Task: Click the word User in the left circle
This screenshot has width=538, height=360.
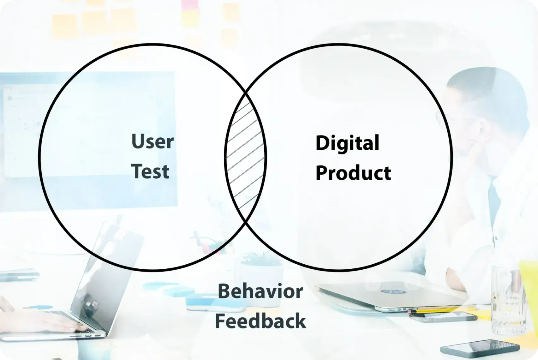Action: tap(152, 141)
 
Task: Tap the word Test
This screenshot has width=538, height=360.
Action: tap(150, 171)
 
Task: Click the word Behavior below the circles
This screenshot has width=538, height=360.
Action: tap(260, 291)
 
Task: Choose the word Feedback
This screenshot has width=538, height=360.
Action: tap(260, 321)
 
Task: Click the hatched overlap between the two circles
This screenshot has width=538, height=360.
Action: tap(245, 157)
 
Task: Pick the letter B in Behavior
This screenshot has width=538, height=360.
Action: tap(224, 291)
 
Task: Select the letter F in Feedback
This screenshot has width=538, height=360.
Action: tap(220, 321)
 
